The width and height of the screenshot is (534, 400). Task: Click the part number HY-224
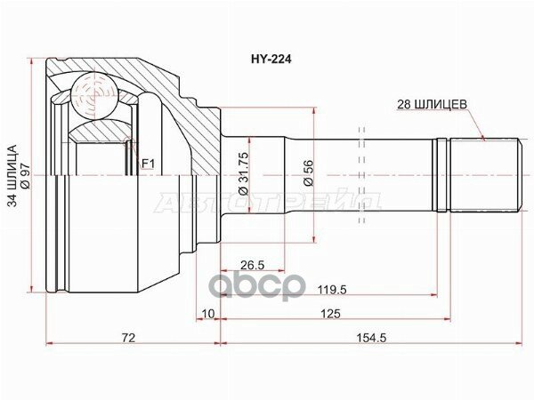click(x=271, y=60)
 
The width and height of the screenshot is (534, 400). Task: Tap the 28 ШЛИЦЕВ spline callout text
click(x=432, y=104)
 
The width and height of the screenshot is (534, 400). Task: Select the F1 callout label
click(x=148, y=164)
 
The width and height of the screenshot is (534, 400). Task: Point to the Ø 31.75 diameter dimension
click(x=244, y=173)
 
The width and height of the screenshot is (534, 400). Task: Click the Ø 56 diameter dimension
click(x=309, y=172)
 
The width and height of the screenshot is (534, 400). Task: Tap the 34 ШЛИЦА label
click(x=12, y=176)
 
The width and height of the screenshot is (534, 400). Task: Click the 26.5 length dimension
click(x=253, y=265)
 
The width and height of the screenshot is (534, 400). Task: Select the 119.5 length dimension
click(x=332, y=290)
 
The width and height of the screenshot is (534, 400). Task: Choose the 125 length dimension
click(x=331, y=313)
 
